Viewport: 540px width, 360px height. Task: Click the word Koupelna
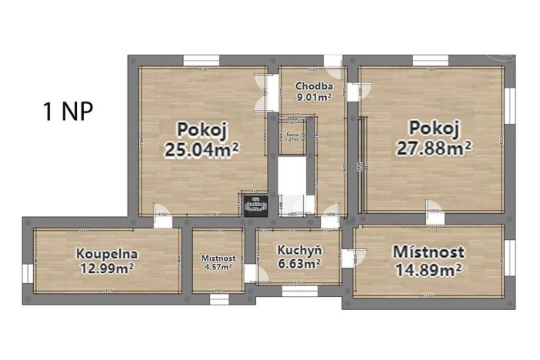tap(107, 253)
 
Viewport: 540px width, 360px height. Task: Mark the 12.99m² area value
tap(107, 268)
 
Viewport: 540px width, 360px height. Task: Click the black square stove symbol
tap(255, 204)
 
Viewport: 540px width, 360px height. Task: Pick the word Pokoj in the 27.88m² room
tap(435, 127)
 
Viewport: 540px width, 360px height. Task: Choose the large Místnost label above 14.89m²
tap(428, 252)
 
